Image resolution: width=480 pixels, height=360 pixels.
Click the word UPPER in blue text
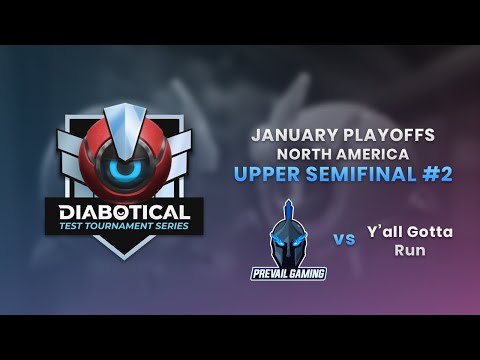[265, 174]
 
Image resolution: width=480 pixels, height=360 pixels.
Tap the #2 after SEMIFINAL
[437, 174]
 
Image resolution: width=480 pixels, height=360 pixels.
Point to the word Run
[409, 250]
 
